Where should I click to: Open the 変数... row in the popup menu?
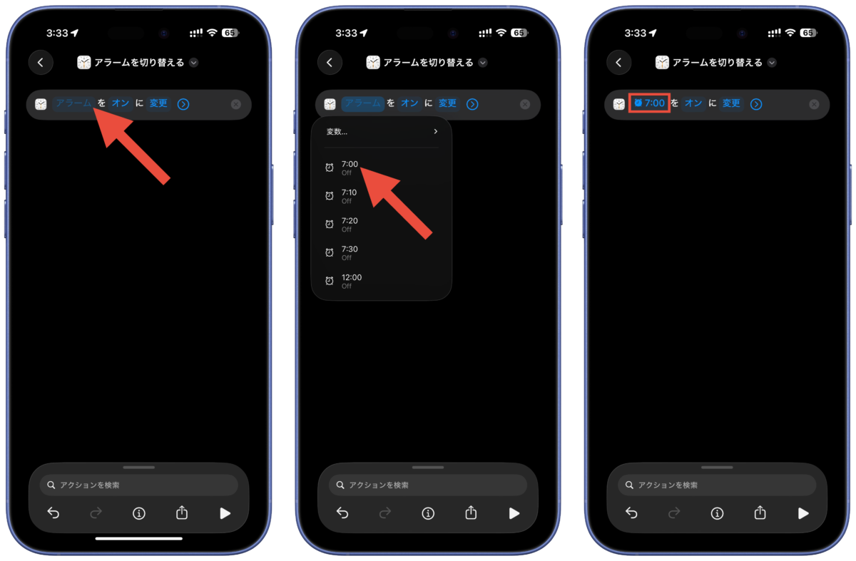click(382, 132)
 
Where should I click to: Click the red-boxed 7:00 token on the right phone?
click(649, 103)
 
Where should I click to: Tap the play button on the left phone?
click(225, 514)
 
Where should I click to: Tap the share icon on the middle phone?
click(471, 513)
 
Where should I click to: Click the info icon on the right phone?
click(717, 514)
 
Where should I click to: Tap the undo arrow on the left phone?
click(53, 513)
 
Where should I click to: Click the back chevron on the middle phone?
click(330, 62)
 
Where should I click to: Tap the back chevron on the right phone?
click(618, 62)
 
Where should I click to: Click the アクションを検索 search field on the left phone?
click(138, 485)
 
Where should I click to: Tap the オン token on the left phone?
click(121, 103)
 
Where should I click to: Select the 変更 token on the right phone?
click(731, 103)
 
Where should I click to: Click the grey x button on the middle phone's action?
click(525, 104)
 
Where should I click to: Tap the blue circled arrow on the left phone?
click(183, 104)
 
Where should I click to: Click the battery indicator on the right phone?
click(808, 33)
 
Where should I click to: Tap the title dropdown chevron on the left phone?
click(194, 63)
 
